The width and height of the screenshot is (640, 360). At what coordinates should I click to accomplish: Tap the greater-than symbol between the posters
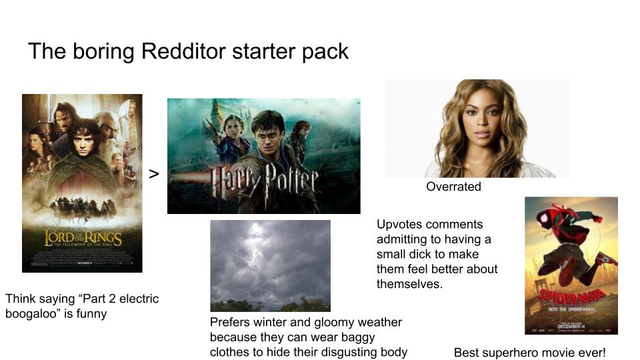(x=154, y=174)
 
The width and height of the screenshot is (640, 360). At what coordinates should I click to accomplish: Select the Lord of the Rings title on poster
(x=83, y=237)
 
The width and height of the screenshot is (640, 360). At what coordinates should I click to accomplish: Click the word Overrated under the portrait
(x=453, y=187)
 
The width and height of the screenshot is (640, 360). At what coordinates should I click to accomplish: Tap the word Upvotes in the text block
(x=399, y=225)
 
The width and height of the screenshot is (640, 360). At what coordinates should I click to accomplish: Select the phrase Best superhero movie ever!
(x=529, y=353)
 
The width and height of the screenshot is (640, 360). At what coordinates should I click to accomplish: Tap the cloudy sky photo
(x=270, y=265)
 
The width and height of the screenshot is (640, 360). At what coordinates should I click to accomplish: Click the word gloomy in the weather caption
(x=339, y=323)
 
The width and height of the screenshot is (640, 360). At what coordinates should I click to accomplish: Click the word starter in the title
(x=261, y=51)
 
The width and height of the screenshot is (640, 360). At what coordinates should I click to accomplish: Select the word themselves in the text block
(x=409, y=284)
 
